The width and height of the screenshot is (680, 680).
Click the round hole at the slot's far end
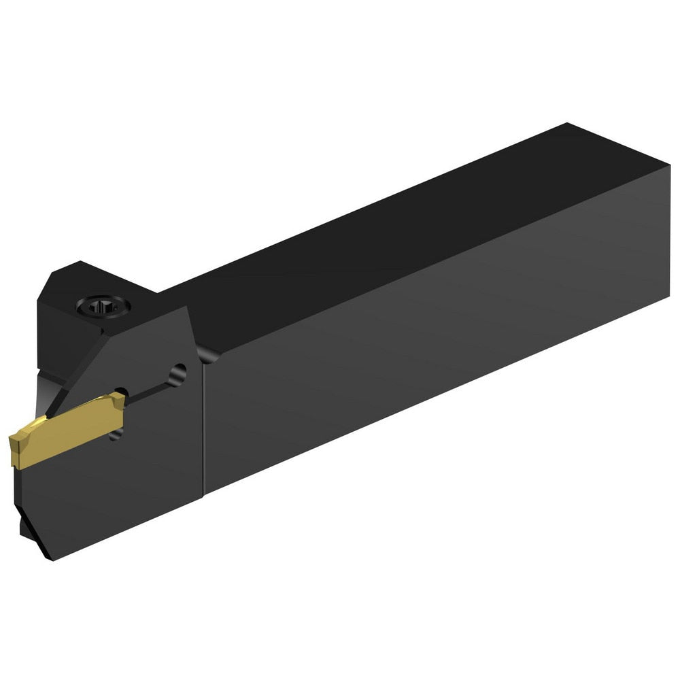point(178,371)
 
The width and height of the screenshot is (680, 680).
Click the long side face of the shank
point(422,340)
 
